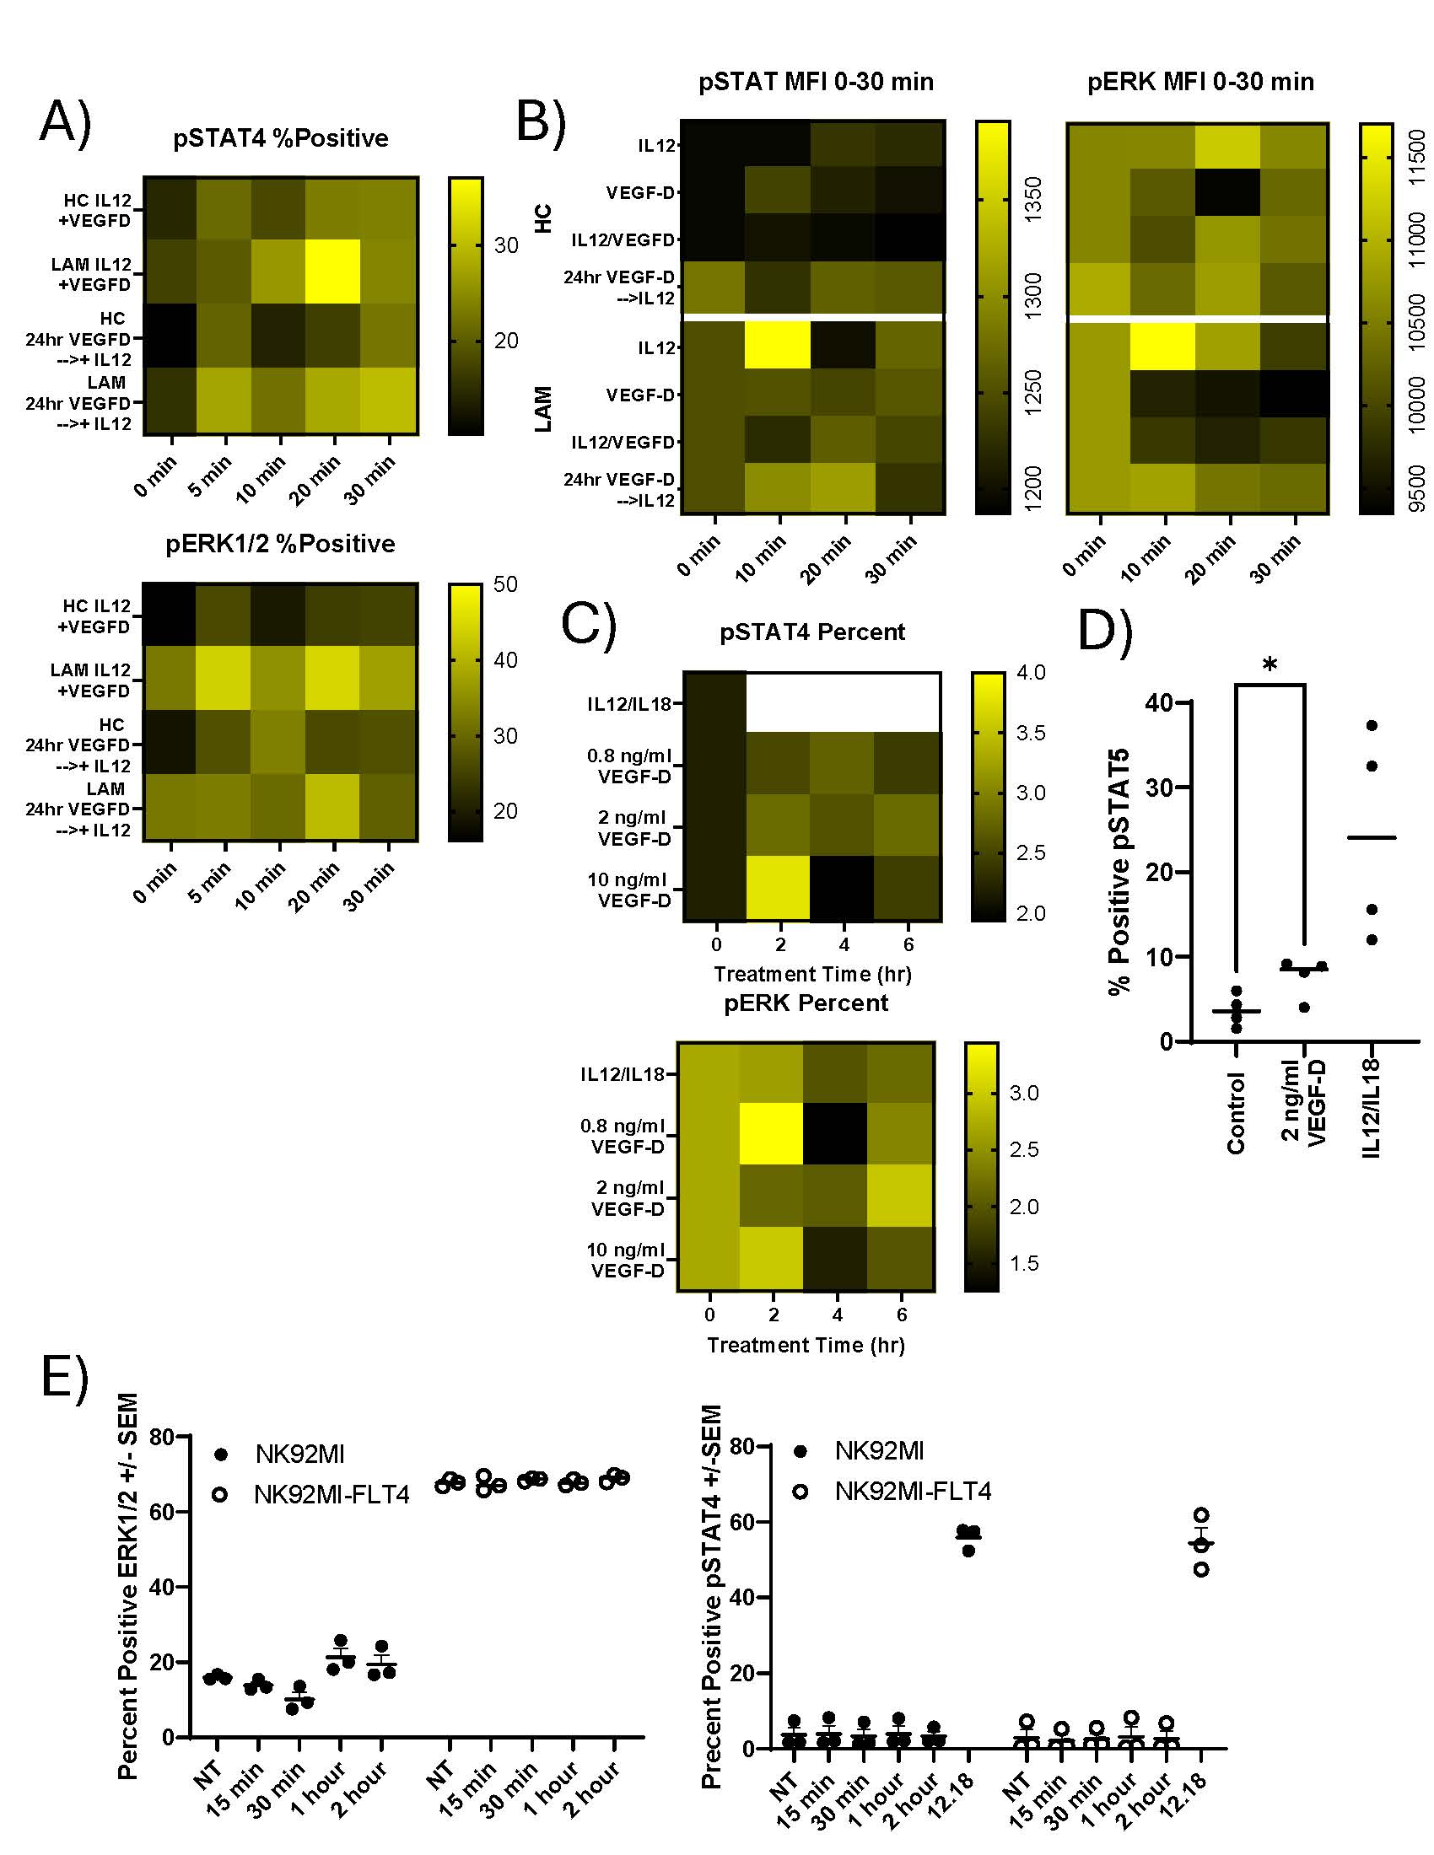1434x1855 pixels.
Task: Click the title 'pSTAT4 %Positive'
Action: click(x=280, y=138)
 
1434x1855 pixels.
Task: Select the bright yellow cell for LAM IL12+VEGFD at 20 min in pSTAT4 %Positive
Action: click(x=335, y=271)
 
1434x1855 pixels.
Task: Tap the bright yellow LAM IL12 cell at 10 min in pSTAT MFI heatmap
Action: click(x=778, y=347)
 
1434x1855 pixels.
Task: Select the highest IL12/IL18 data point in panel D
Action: click(x=1371, y=725)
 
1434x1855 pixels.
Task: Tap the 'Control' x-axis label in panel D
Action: click(x=1236, y=1113)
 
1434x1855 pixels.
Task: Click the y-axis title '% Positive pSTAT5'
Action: click(x=1119, y=871)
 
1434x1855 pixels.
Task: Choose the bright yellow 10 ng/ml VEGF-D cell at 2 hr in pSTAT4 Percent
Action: click(x=779, y=888)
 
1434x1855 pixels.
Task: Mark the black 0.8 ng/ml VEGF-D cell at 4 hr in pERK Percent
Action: click(x=835, y=1133)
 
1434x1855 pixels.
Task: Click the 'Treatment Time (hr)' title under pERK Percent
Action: click(x=806, y=1346)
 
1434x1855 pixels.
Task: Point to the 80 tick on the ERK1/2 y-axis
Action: click(x=162, y=1437)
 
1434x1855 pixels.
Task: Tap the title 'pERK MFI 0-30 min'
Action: click(x=1199, y=82)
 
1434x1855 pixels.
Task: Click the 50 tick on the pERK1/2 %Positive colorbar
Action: click(x=505, y=584)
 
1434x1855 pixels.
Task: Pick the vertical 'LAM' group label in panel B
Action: click(x=543, y=410)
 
